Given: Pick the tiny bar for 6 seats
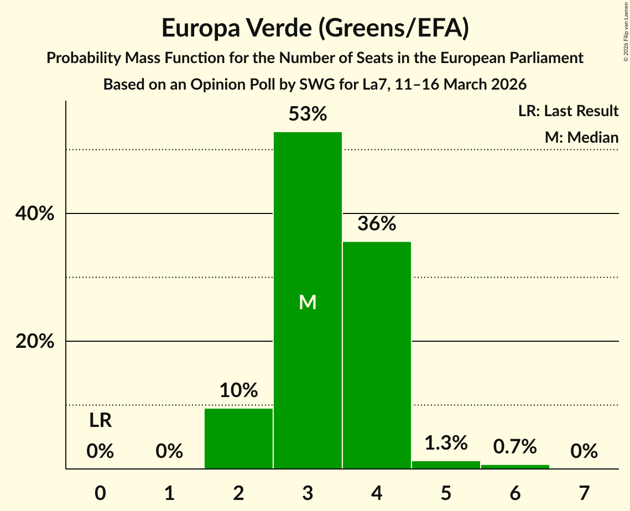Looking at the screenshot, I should tap(515, 467).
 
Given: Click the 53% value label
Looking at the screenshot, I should tap(308, 114).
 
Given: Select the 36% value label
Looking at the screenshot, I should tap(377, 224).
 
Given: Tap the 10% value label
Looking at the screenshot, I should tap(238, 390).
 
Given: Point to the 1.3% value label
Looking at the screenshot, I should tap(446, 442).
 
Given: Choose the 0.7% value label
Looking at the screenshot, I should tap(515, 446).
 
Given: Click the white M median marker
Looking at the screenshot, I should tap(308, 302).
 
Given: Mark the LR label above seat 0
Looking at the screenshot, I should tap(100, 421).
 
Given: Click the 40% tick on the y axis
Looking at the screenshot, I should tap(35, 214).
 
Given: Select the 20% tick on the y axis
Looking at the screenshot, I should tap(35, 342).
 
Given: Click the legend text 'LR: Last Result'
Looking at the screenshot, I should tap(568, 111).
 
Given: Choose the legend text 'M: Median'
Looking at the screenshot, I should tap(581, 137).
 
